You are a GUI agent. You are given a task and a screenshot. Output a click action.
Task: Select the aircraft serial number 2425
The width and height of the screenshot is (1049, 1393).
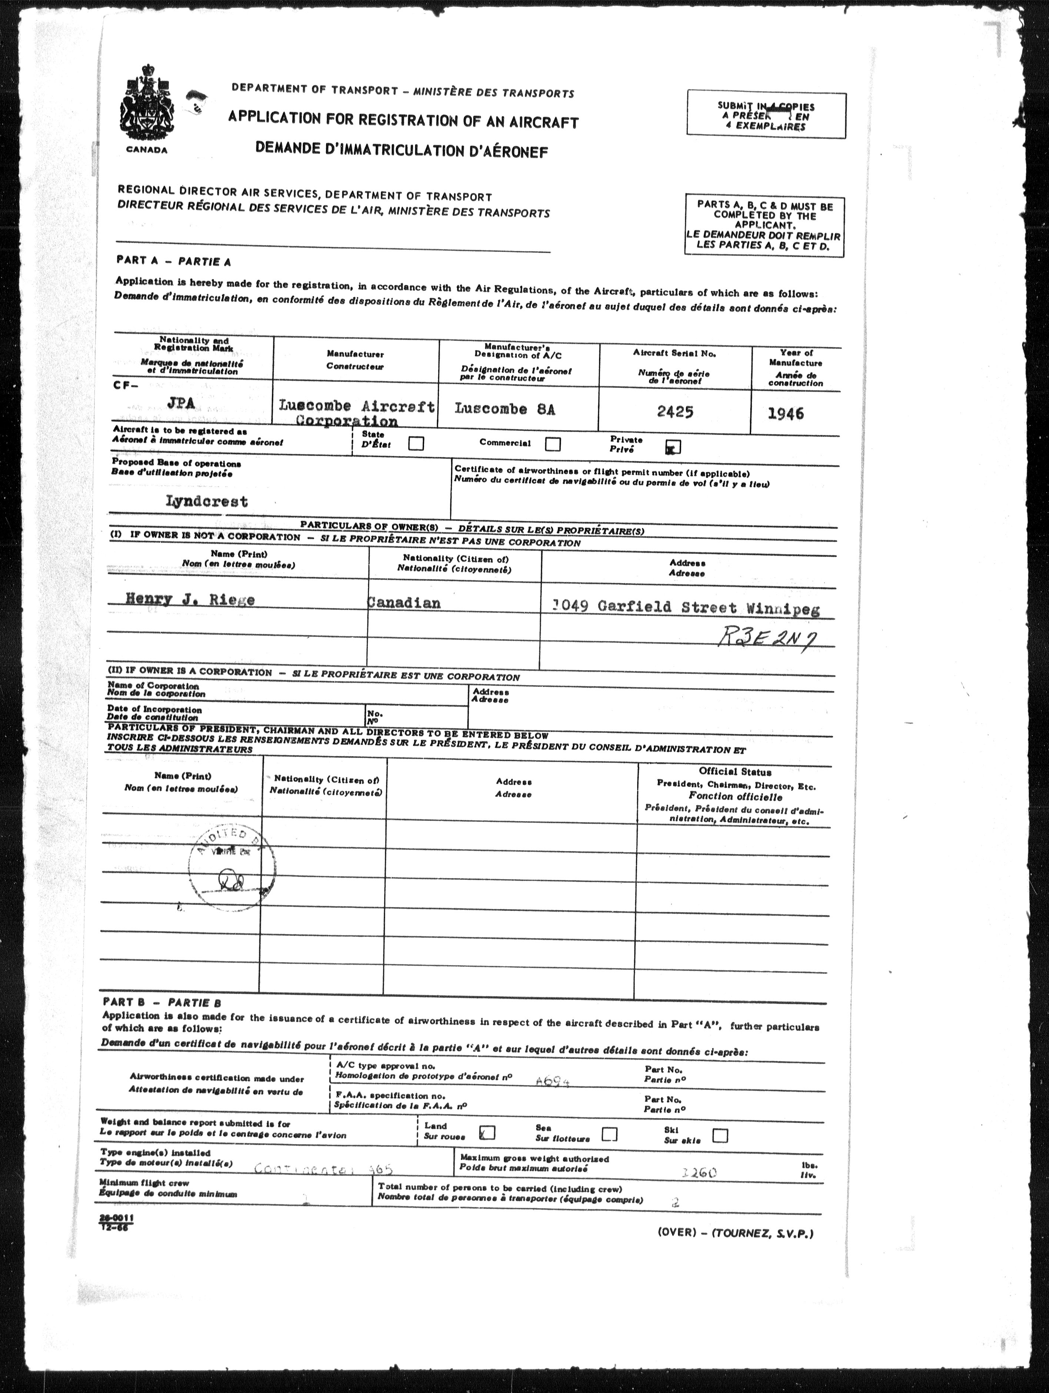point(675,412)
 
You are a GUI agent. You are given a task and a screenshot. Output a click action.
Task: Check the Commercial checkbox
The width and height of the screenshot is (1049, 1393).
point(553,444)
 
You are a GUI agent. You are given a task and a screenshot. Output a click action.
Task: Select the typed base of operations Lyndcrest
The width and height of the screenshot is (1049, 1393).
point(207,501)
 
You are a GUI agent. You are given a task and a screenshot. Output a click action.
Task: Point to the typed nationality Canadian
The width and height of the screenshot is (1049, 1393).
point(404,603)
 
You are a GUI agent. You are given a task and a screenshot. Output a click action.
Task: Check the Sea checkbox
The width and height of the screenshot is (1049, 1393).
point(609,1134)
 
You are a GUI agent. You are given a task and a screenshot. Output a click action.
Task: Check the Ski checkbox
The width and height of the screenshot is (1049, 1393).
point(720,1135)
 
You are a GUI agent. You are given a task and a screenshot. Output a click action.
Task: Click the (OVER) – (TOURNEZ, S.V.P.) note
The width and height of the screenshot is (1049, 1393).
point(735,1233)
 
